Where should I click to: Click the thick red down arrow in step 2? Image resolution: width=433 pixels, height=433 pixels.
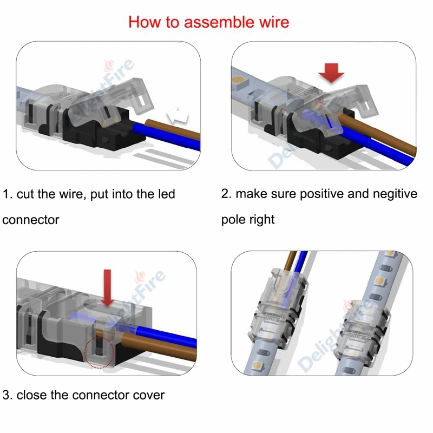(x=331, y=72)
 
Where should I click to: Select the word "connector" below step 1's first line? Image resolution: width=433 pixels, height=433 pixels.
(x=31, y=220)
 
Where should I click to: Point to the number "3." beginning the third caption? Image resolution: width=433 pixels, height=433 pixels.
(x=8, y=395)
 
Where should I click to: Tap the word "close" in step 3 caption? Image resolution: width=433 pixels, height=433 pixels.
(x=32, y=395)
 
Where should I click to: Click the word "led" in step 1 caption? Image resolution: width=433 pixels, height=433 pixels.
(x=166, y=194)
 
